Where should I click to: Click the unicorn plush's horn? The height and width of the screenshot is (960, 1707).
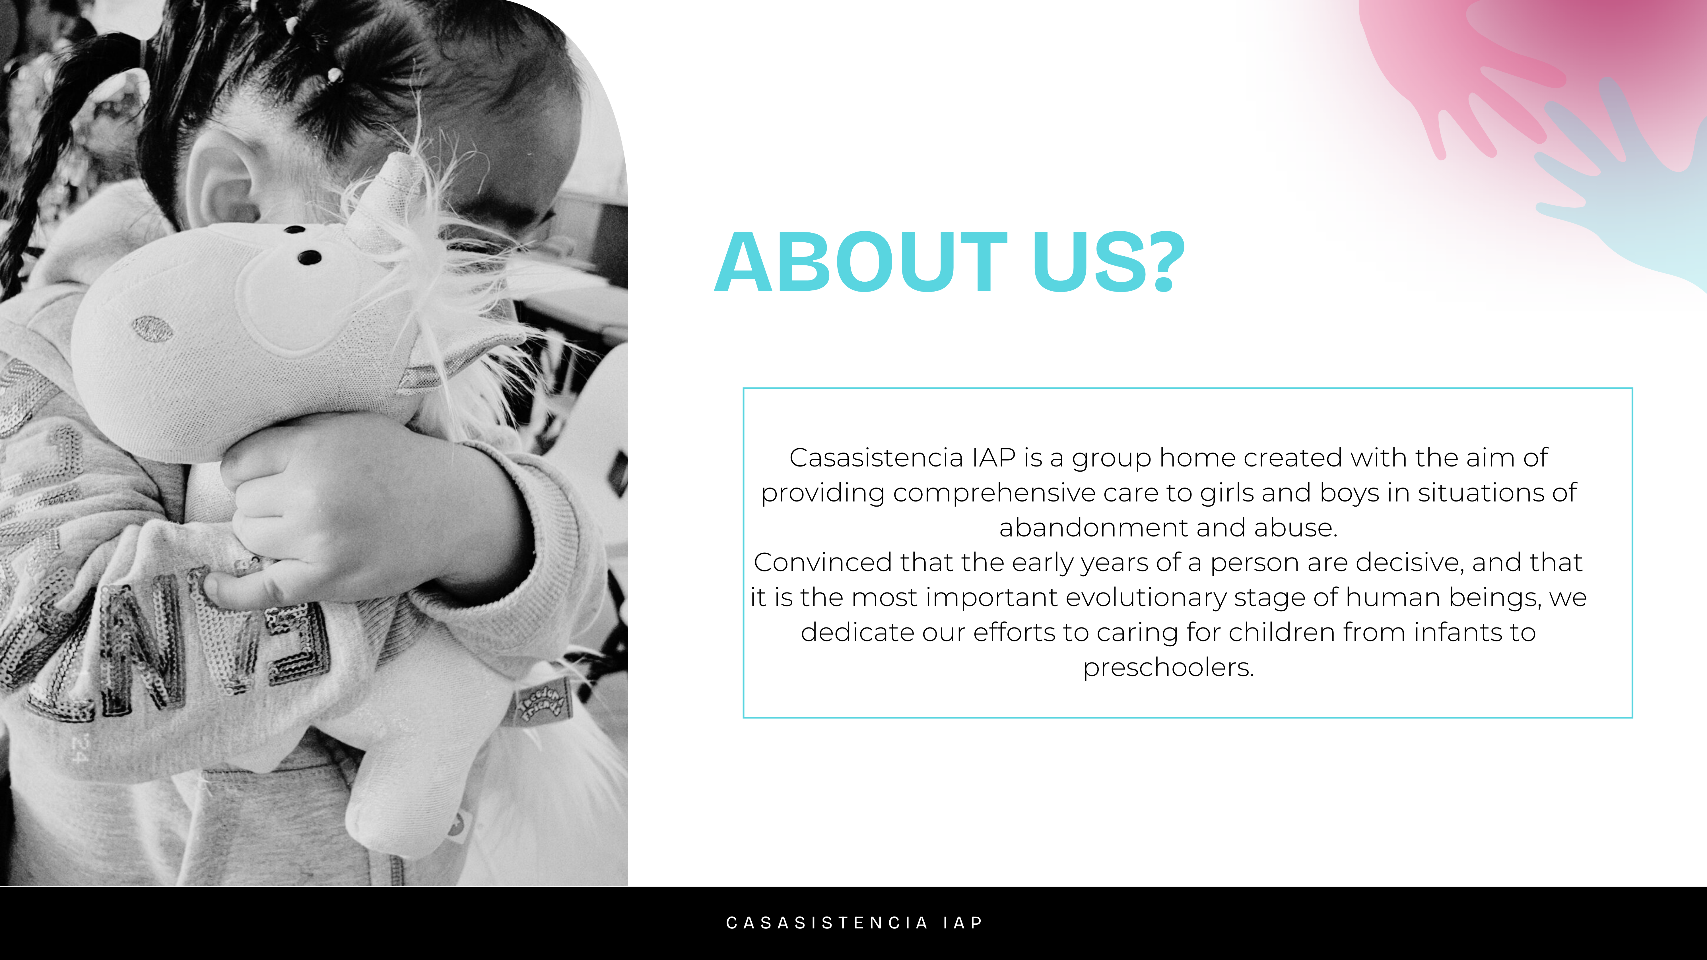[x=396, y=192]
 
